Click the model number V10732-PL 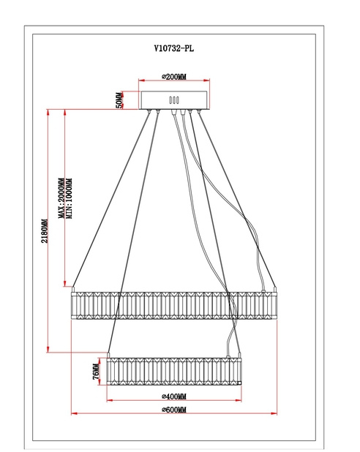click(174, 48)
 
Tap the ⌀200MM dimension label click(174, 77)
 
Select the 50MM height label click(119, 100)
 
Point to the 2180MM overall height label click(45, 231)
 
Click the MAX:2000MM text click(61, 198)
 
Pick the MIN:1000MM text click(70, 199)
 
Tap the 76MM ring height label click(96, 372)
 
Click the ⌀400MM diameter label click(174, 396)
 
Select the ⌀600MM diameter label click(174, 410)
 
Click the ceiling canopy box click(174, 100)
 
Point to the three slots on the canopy click(174, 100)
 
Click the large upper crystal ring click(174, 305)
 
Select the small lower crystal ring click(174, 372)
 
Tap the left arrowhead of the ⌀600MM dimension click(74, 413)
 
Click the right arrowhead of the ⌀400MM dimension click(239, 400)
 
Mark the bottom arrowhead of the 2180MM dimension click(48, 349)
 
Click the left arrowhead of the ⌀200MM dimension click(142, 80)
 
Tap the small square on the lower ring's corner click(239, 383)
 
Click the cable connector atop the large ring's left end click(73, 289)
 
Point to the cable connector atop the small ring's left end click(108, 355)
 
